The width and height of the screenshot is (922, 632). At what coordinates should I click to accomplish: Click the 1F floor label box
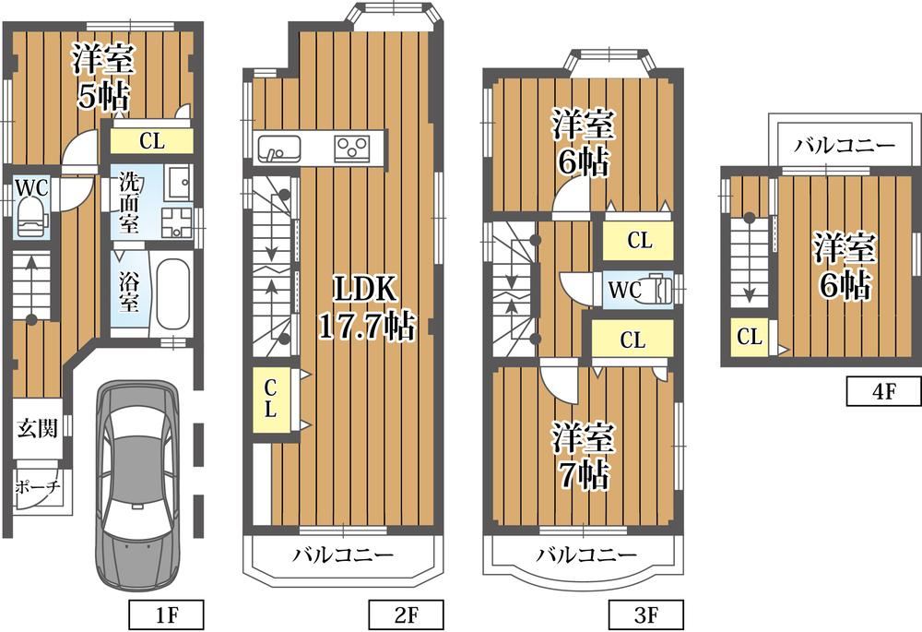(166, 615)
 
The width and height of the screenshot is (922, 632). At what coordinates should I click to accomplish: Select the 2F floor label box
(407, 615)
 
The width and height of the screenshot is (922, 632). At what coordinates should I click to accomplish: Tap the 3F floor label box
(646, 615)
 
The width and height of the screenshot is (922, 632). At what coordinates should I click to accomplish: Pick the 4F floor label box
(884, 391)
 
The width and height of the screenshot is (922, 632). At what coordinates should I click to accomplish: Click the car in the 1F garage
(138, 484)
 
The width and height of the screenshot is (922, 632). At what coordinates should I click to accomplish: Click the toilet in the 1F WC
(31, 217)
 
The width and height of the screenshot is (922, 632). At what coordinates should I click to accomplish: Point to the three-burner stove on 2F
(352, 149)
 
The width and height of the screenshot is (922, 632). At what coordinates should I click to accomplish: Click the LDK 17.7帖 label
(367, 307)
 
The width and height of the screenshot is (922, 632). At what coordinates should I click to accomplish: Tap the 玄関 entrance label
(38, 428)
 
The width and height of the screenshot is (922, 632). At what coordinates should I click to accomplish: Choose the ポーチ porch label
(37, 486)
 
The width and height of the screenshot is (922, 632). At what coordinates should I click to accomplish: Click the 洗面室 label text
(129, 202)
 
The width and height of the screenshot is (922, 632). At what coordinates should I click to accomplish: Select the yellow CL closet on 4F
(750, 337)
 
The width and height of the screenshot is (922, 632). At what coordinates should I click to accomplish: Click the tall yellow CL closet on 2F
(270, 399)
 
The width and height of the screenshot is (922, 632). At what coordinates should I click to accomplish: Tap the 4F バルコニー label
(845, 145)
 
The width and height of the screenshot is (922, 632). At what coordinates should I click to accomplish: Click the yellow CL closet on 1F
(152, 140)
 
